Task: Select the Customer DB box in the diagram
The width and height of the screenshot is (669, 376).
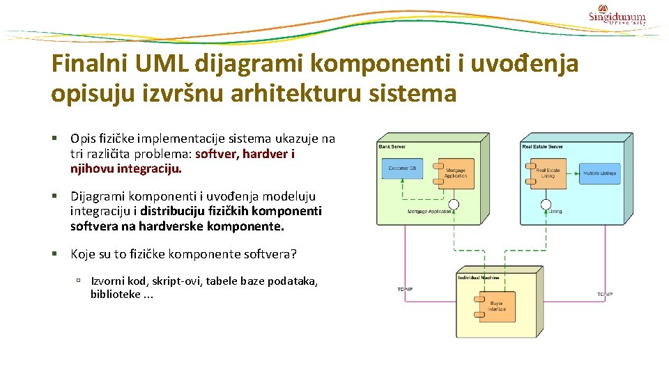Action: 403,168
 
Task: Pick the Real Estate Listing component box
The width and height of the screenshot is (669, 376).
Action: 548,173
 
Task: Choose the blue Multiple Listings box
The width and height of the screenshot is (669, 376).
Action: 600,173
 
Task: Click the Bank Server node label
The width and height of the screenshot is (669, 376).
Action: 392,147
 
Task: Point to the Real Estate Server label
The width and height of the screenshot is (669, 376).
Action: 543,147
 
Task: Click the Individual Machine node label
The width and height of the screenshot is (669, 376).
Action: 479,278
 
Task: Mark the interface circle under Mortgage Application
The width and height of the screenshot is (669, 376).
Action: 454,205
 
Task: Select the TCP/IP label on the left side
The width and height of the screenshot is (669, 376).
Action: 405,290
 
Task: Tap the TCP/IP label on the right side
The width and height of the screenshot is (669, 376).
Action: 605,295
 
